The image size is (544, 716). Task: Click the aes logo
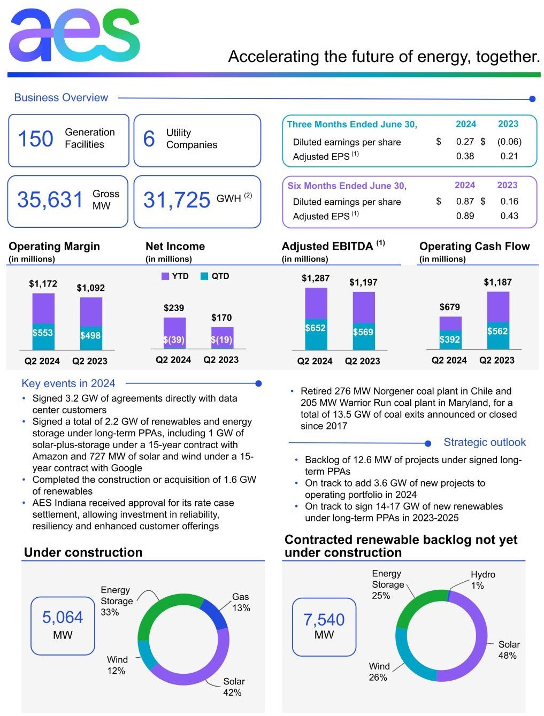74,36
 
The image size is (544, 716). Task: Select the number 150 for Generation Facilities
36,139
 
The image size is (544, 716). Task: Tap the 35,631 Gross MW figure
50,200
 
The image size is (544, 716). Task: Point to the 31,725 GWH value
177,200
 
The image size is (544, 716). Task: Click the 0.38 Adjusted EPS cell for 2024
465,156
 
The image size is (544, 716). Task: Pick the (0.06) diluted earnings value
509,142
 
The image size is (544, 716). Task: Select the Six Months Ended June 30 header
347,186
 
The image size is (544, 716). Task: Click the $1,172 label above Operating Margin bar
43,283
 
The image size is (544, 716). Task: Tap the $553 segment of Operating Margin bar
43,333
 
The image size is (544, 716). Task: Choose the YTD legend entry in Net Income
175,276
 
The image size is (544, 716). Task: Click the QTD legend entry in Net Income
214,276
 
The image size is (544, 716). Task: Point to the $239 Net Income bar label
174,308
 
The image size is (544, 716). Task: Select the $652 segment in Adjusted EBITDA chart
315,328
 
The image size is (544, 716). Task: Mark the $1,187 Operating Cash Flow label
497,282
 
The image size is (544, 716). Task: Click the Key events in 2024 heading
68,383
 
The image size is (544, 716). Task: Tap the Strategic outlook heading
484,442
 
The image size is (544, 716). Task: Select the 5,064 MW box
63,626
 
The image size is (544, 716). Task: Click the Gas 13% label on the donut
241,602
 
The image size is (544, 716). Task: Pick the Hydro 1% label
482,580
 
